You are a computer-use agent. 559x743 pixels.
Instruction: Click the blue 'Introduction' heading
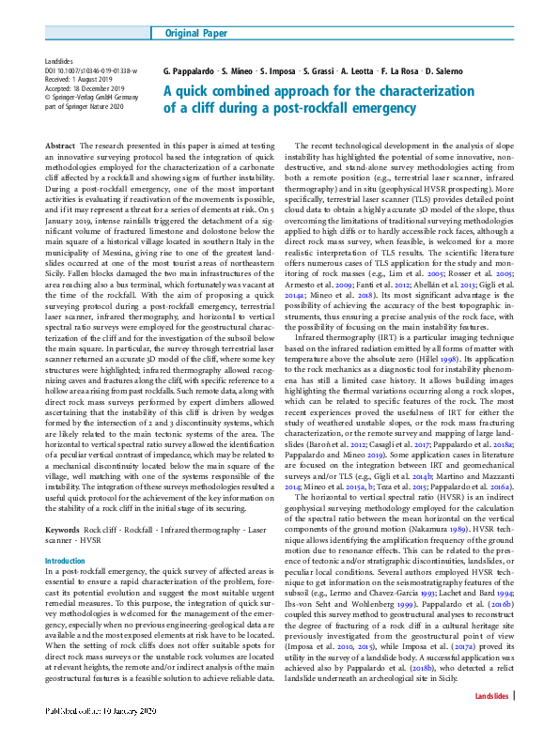[x=65, y=560]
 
